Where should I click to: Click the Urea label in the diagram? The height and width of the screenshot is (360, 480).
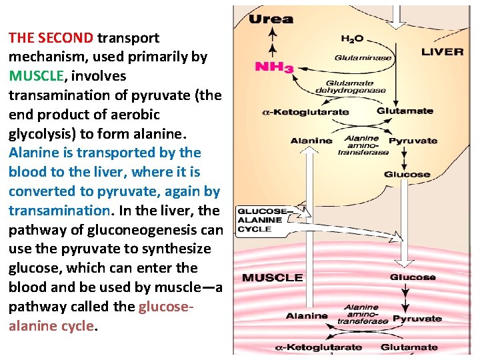click(271, 19)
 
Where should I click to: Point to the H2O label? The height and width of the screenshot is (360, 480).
click(351, 39)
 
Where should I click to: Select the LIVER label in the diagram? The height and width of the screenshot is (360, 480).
click(443, 52)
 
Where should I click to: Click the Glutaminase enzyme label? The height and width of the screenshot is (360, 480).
click(363, 57)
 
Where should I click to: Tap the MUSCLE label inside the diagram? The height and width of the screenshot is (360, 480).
click(272, 277)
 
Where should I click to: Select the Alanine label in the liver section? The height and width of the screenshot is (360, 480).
click(311, 141)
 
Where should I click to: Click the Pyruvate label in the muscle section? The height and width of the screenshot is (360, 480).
click(417, 319)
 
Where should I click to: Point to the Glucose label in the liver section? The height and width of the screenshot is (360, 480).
click(407, 175)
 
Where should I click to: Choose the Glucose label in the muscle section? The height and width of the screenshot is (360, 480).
click(413, 277)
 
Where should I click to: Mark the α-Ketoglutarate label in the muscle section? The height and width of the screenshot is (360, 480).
click(319, 347)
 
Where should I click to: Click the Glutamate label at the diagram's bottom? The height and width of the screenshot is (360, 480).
click(409, 347)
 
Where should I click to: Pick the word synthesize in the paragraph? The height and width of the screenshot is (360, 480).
click(181, 249)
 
